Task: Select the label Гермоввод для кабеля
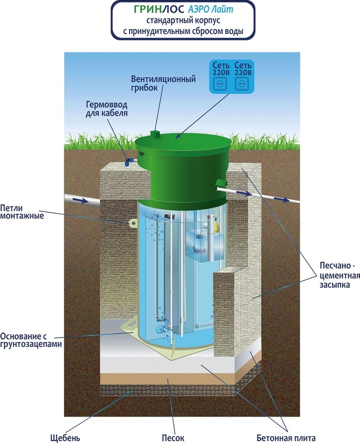pos(106,109)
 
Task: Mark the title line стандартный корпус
pos(183,21)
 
